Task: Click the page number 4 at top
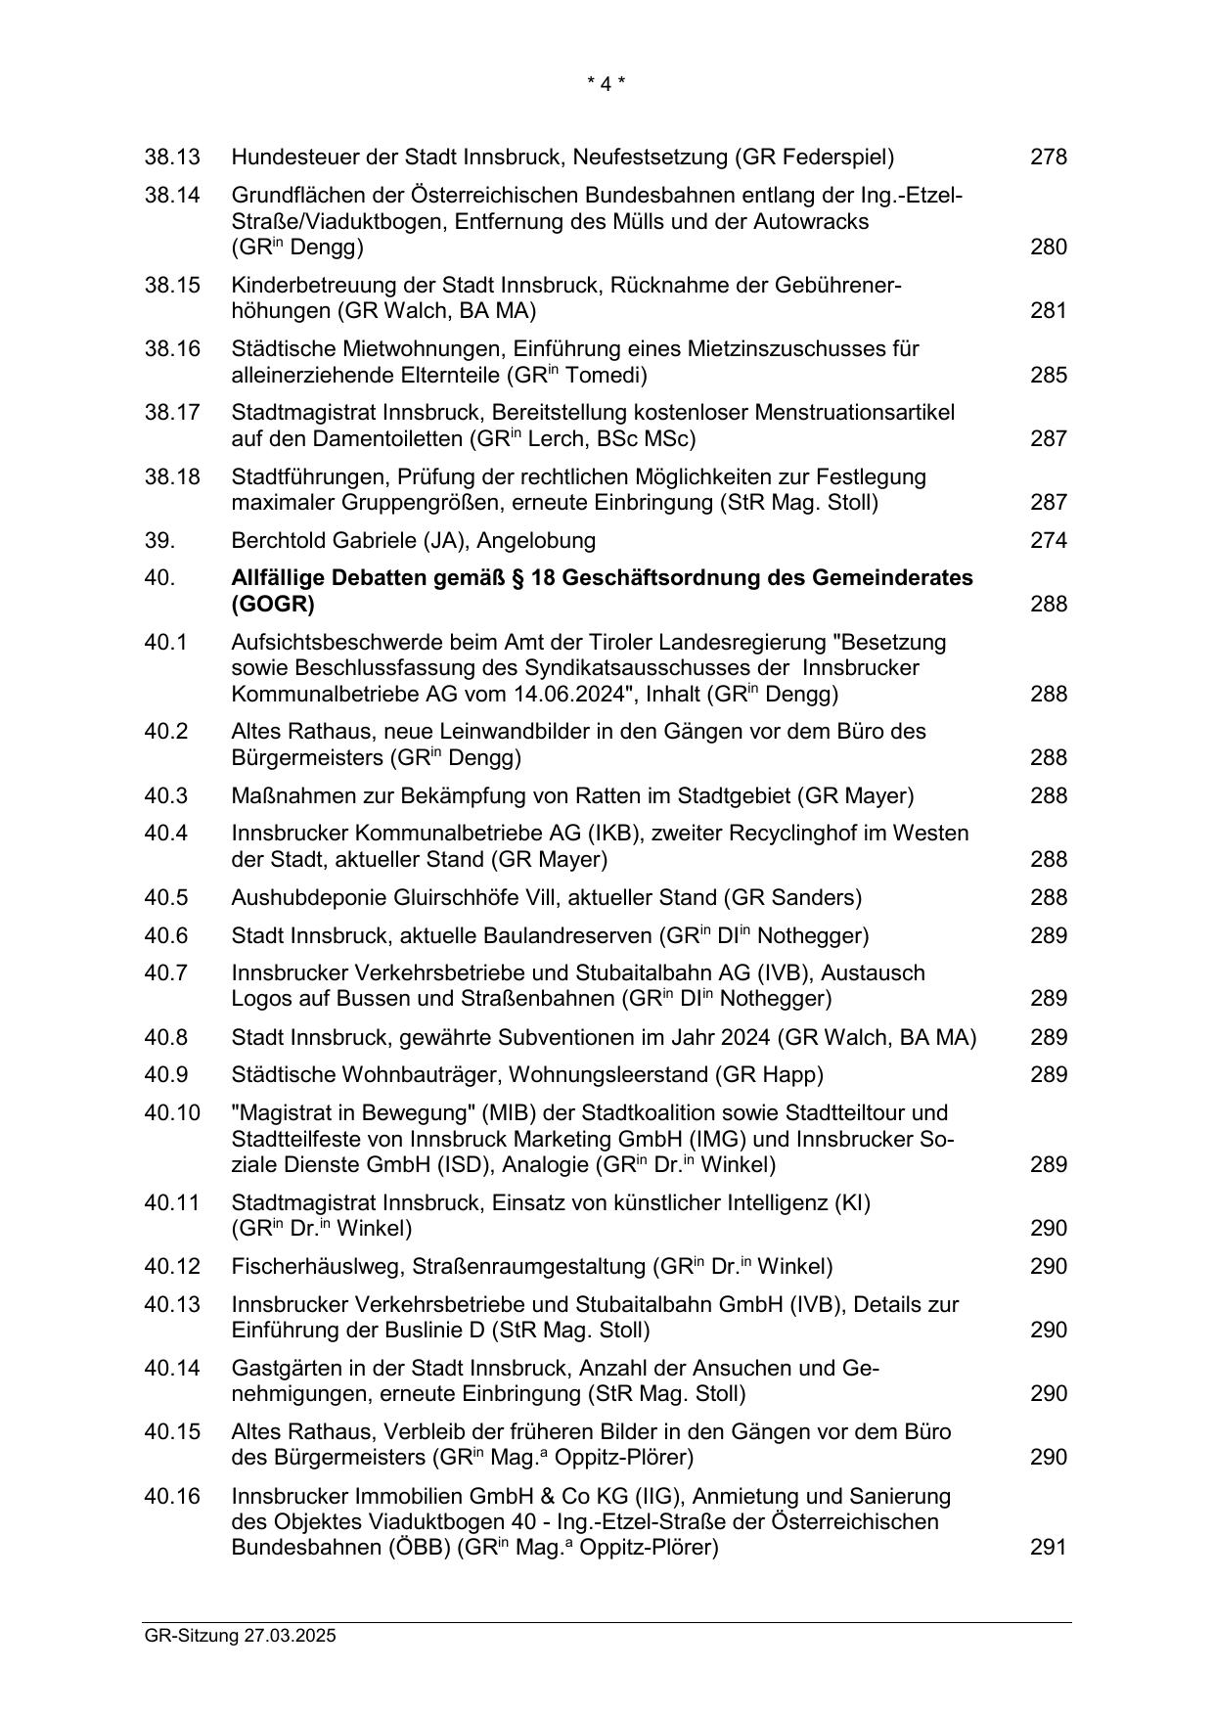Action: point(606,84)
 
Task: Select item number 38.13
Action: point(172,157)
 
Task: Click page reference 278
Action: point(1048,157)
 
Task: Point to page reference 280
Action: point(1048,247)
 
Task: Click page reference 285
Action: point(1048,375)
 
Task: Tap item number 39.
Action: point(159,541)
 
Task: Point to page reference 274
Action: point(1048,541)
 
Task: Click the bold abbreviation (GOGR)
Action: point(273,605)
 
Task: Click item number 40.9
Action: point(166,1075)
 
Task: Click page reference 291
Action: point(1048,1547)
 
